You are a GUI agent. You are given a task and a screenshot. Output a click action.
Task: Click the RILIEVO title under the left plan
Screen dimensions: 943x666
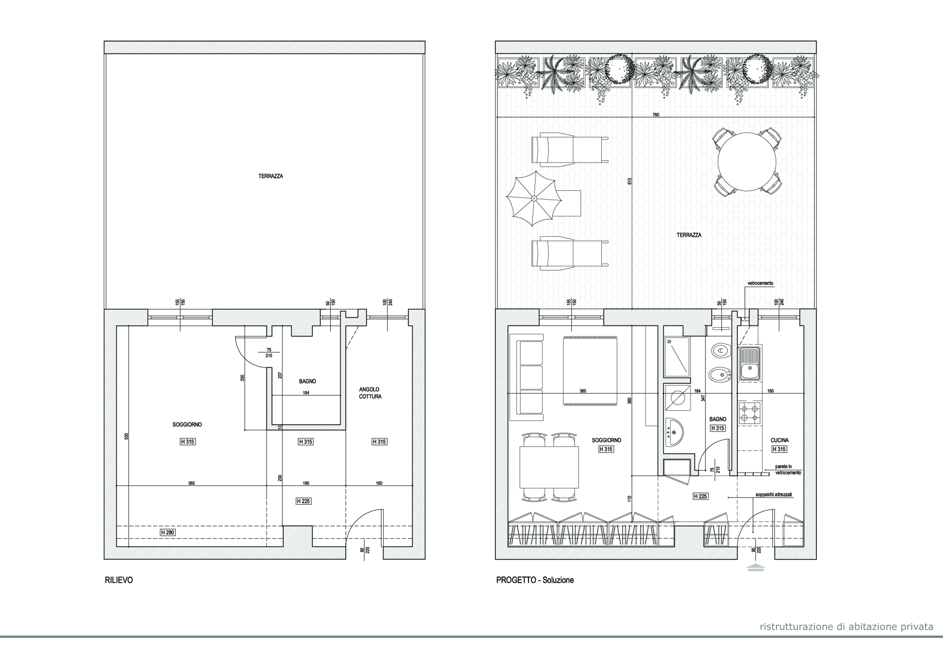pyautogui.click(x=119, y=580)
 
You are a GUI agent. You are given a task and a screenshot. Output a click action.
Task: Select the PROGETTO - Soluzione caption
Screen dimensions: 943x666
pyautogui.click(x=535, y=580)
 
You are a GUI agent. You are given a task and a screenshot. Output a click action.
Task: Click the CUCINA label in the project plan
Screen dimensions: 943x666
pyautogui.click(x=779, y=440)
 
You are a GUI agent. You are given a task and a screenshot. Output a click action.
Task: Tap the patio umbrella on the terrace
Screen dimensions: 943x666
pyautogui.click(x=534, y=198)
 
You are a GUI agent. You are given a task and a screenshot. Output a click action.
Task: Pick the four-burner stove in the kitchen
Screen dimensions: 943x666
pyautogui.click(x=750, y=413)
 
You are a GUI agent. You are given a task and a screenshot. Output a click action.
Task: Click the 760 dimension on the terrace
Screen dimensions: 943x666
pyautogui.click(x=656, y=115)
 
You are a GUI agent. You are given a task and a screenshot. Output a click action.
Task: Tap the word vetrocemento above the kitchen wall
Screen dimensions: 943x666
pyautogui.click(x=760, y=283)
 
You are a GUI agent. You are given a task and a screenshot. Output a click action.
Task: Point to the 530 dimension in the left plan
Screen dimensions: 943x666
pyautogui.click(x=127, y=436)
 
